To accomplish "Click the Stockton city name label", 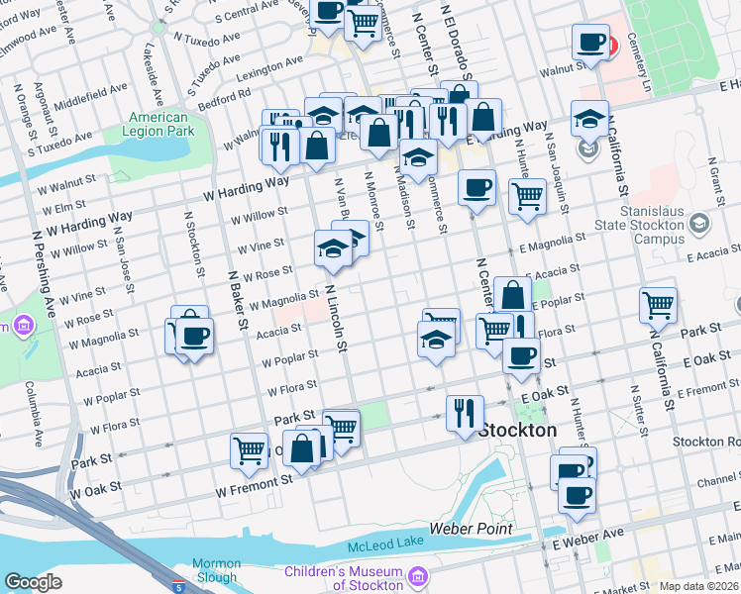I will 517,432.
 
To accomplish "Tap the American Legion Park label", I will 159,124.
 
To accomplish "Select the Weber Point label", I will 471,530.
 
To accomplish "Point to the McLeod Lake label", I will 385,545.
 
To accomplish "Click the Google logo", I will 33,583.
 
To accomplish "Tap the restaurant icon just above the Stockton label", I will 464,411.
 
